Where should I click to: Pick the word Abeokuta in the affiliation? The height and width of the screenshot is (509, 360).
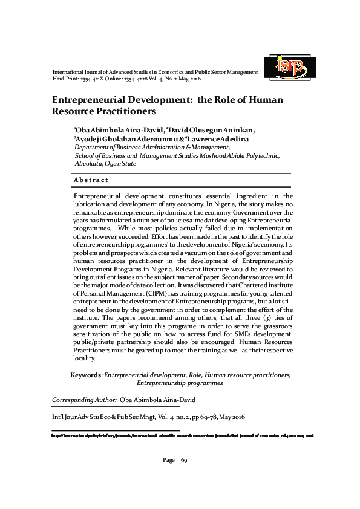88,163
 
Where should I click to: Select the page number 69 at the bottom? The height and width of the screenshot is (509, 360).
184,461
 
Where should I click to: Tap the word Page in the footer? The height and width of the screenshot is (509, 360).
168,461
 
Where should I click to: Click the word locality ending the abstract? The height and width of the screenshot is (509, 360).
85,357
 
